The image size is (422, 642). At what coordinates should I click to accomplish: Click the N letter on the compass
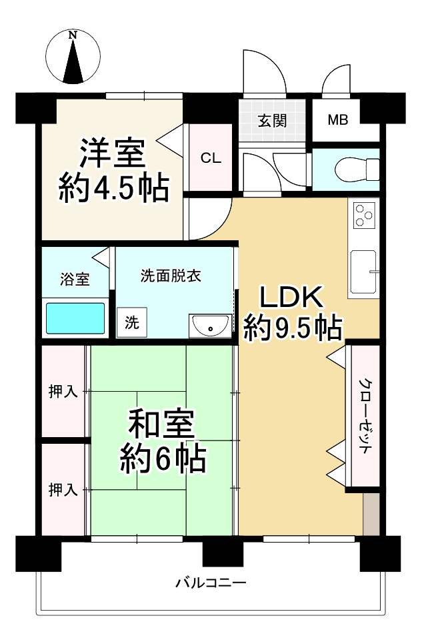73,35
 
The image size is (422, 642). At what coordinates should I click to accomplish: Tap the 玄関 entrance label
272,121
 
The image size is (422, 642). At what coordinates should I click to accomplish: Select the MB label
338,120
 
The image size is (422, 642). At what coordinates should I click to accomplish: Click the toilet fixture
357,169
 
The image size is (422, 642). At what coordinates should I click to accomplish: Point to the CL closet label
211,157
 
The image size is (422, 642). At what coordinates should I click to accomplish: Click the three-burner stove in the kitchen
363,214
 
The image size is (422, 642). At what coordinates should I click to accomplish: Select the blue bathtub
75,318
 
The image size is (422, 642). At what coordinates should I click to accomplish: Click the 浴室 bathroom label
75,280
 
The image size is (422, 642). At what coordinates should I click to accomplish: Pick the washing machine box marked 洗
132,322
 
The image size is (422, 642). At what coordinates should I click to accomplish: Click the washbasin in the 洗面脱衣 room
210,326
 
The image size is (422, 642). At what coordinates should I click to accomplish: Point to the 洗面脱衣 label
171,276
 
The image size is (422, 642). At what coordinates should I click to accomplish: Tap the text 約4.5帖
113,189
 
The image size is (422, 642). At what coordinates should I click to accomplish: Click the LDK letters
291,298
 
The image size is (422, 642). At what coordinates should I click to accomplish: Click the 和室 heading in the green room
161,425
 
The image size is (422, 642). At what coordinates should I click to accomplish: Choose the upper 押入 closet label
63,392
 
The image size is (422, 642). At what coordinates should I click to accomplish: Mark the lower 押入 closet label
63,490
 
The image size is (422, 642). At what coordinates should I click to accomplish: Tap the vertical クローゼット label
365,416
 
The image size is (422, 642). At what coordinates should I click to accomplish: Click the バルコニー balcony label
211,582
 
